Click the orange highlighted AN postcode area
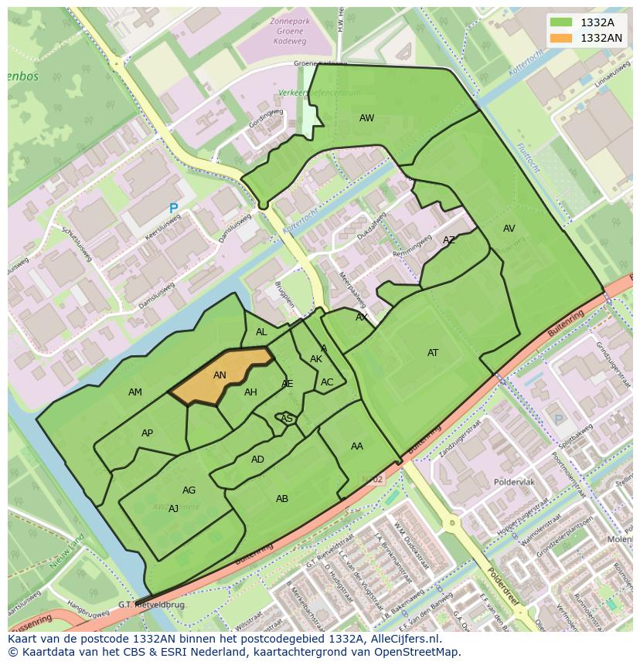[220, 377]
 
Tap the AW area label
[366, 118]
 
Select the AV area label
[509, 229]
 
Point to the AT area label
[433, 353]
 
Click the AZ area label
[449, 240]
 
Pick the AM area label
[135, 392]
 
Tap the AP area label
[147, 433]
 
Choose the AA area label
[356, 446]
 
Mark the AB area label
[282, 499]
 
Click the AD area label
[257, 460]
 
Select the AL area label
[261, 332]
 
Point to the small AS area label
[286, 419]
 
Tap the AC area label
[327, 382]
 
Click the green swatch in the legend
[561, 22]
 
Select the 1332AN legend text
[601, 37]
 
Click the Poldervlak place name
[513, 482]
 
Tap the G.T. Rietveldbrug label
[151, 605]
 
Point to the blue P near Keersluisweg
[173, 209]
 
